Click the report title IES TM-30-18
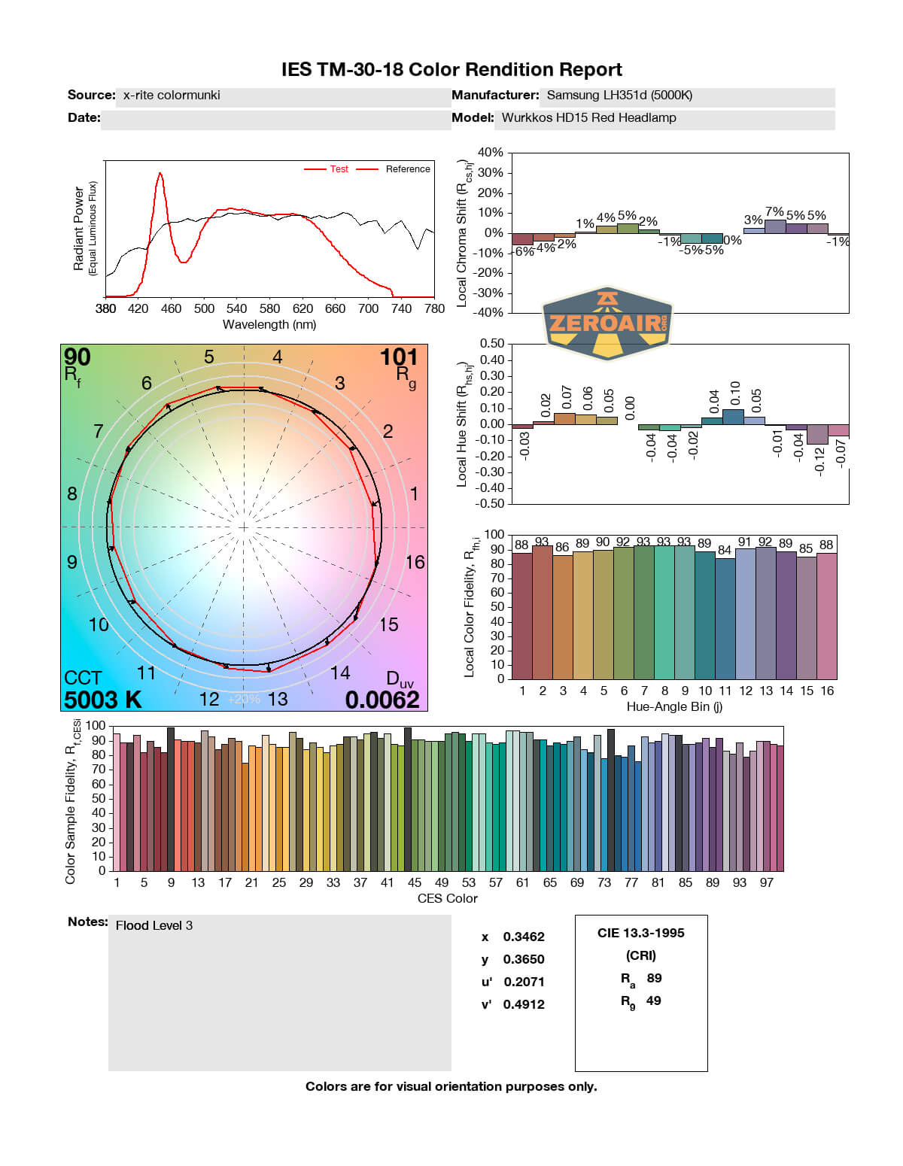click(x=451, y=70)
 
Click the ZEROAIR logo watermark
click(x=607, y=323)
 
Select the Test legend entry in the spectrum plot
click(x=339, y=169)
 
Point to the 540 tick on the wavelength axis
click(x=236, y=308)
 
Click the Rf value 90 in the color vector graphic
click(x=78, y=357)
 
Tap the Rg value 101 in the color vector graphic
click(x=398, y=357)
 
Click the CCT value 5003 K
click(x=102, y=700)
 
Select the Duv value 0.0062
click(x=382, y=700)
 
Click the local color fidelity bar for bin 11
click(x=725, y=618)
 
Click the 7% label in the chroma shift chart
click(x=774, y=213)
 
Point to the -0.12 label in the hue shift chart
click(x=819, y=459)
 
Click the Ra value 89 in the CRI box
click(x=654, y=978)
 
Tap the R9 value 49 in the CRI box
click(x=653, y=1001)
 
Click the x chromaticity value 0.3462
click(x=524, y=937)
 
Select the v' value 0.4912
click(x=524, y=1004)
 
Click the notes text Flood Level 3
click(x=154, y=925)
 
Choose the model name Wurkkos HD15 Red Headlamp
click(x=588, y=117)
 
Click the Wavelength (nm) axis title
click(x=269, y=325)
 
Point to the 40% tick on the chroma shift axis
click(x=490, y=153)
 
